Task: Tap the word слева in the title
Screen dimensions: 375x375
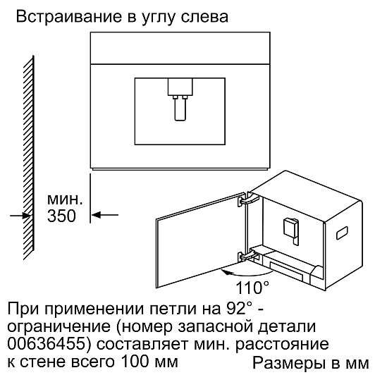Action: (204, 18)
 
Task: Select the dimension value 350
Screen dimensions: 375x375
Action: (61, 216)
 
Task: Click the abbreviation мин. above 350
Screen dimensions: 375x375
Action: (65, 199)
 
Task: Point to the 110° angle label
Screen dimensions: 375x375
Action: (252, 288)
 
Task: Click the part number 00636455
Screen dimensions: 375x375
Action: (47, 344)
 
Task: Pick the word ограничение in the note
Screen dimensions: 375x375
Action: (59, 326)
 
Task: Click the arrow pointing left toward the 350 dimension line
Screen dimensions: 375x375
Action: (105, 215)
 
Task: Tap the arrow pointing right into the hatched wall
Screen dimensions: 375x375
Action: (20, 216)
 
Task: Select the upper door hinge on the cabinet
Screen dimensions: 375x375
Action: (248, 199)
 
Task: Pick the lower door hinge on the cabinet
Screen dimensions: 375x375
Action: (248, 257)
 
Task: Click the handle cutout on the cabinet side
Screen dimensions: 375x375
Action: (343, 233)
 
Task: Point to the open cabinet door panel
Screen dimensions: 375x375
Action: (201, 240)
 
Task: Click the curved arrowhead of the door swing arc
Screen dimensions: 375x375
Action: (225, 271)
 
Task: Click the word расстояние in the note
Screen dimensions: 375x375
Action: (282, 345)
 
